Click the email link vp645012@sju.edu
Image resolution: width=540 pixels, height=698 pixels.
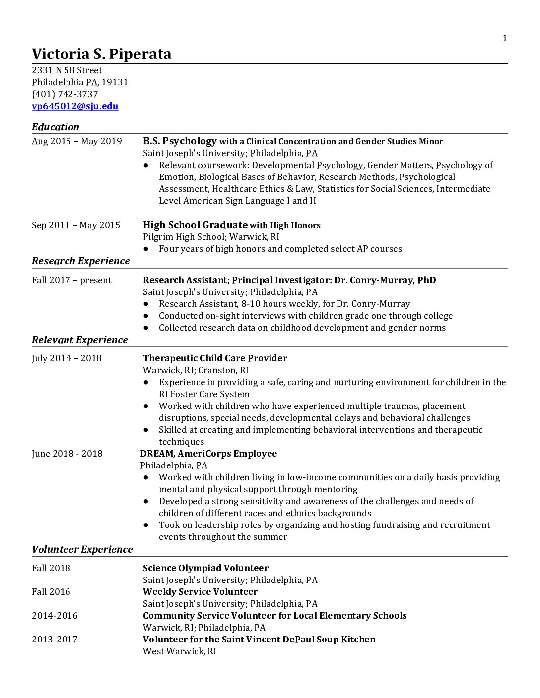click(x=75, y=106)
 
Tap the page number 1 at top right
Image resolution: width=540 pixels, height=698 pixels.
click(x=505, y=39)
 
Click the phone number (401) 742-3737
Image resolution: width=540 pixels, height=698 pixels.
click(x=65, y=94)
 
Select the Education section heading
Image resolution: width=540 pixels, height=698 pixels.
click(x=56, y=127)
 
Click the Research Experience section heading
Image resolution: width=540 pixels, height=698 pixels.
click(x=81, y=261)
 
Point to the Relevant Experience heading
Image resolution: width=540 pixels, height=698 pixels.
click(x=80, y=340)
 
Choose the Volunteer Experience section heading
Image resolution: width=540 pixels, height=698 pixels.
click(x=82, y=549)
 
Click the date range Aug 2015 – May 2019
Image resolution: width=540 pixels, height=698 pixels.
click(x=77, y=141)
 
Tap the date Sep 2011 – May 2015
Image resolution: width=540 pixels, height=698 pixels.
click(x=76, y=225)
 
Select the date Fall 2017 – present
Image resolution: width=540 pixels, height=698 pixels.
click(x=72, y=280)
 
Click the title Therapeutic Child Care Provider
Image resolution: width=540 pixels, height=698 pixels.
click(x=215, y=358)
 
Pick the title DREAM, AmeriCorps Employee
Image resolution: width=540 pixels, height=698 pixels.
click(x=208, y=454)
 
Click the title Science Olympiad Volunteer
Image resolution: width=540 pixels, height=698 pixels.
click(x=205, y=568)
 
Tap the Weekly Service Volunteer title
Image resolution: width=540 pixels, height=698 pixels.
click(x=200, y=592)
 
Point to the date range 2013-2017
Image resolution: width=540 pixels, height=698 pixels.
click(x=55, y=640)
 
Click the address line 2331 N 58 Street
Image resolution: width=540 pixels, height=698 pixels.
click(x=67, y=70)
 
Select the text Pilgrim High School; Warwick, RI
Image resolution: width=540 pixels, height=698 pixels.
click(x=211, y=237)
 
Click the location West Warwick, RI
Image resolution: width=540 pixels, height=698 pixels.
click(x=180, y=651)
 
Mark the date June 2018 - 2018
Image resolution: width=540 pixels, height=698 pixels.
click(x=67, y=454)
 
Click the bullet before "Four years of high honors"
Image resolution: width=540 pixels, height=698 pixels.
click(x=146, y=249)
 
